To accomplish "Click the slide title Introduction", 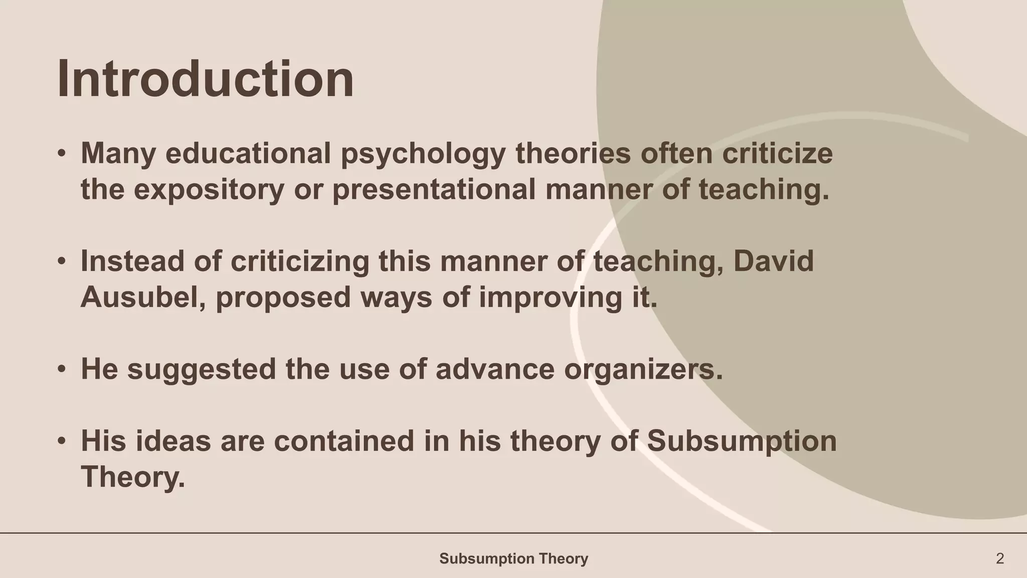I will click(206, 79).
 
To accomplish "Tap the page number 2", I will click(1000, 558).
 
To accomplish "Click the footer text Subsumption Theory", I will click(513, 558).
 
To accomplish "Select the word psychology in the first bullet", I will click(423, 154).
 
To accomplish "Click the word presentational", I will click(434, 190).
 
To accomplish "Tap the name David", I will click(774, 261).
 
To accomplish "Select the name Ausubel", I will click(143, 297).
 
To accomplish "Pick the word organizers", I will click(643, 369).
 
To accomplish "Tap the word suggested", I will click(202, 369).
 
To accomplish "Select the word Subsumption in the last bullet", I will click(742, 441).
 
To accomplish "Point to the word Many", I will click(118, 154).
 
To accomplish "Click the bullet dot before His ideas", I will click(61, 441).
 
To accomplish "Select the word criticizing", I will click(299, 261).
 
